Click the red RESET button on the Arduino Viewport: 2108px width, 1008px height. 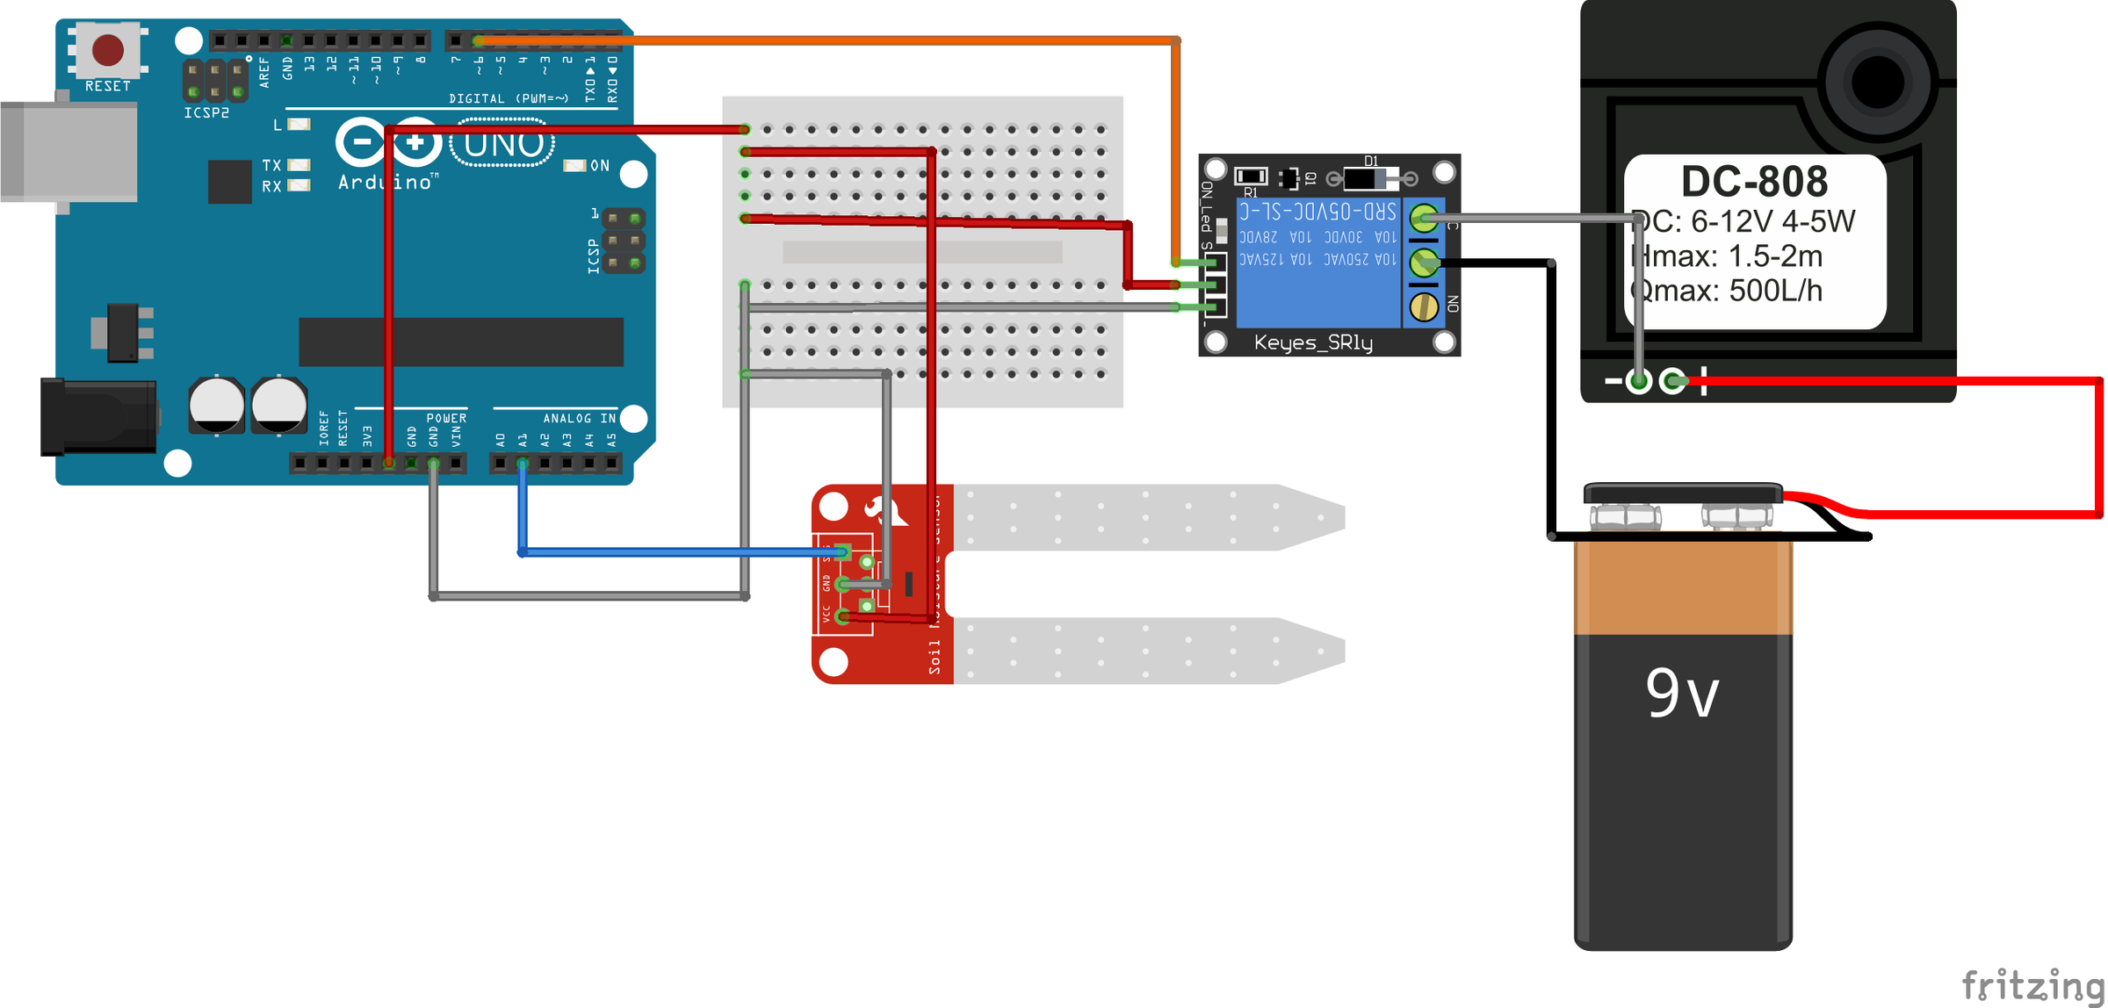point(108,50)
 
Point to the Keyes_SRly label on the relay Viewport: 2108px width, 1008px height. point(1312,342)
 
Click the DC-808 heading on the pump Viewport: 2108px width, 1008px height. point(1753,182)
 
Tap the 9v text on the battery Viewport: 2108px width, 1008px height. point(1681,693)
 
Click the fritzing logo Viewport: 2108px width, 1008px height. point(2032,984)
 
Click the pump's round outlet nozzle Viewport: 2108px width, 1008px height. point(1877,83)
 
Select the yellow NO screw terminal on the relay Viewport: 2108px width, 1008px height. point(1423,306)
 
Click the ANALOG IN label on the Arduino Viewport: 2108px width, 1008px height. point(579,418)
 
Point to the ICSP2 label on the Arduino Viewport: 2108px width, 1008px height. point(206,113)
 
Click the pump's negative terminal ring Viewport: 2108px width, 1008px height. point(1638,381)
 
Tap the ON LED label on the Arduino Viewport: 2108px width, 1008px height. point(599,165)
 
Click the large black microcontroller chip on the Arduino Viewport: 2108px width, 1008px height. point(460,342)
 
